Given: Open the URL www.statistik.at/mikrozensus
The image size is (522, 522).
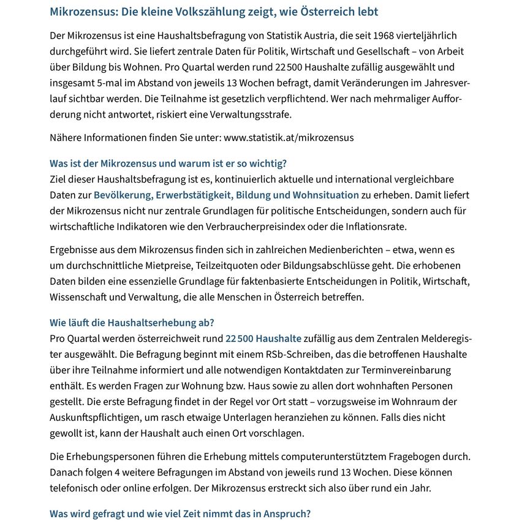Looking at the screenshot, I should click(289, 137).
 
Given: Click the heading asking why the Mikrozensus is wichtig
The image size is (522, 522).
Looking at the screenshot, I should click(168, 164).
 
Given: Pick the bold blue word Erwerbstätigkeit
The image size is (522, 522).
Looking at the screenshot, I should click(193, 195).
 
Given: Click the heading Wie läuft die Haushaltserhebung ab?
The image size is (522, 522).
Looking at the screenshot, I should click(132, 323).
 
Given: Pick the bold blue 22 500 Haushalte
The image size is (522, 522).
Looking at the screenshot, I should click(263, 338).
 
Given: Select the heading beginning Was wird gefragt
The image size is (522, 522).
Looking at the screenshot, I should click(180, 514).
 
